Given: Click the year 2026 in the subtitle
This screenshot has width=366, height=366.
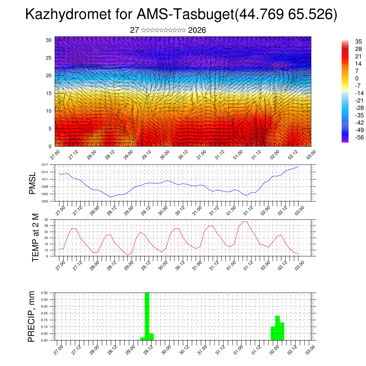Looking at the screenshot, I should [x=197, y=30].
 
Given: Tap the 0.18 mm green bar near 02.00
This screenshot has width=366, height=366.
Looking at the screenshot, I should [x=278, y=328].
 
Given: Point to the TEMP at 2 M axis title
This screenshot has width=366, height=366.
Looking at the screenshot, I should [x=35, y=237].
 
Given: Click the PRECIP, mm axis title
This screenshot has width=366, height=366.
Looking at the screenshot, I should [x=32, y=316].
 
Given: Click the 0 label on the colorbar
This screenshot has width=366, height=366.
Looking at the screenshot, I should [x=356, y=78].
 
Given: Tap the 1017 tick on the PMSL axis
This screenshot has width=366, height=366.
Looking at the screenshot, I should [x=44, y=165].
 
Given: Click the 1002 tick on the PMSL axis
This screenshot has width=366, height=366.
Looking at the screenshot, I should [x=44, y=201].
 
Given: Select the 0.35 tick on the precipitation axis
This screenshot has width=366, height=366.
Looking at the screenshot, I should [x=44, y=293].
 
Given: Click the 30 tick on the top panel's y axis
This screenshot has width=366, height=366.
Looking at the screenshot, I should [x=49, y=40].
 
